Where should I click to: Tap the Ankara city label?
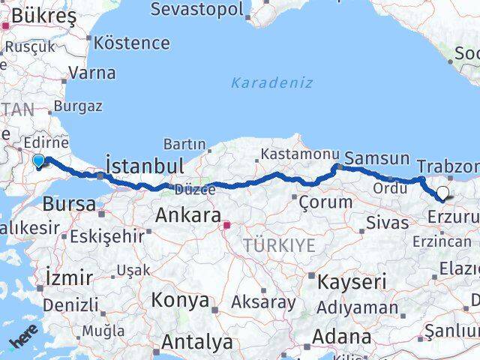[187, 215]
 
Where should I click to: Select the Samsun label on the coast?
[376, 158]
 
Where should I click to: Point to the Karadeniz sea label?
[271, 82]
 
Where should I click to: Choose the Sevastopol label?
[197, 10]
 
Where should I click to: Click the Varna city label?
[91, 73]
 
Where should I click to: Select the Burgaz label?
[77, 106]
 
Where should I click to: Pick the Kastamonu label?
[295, 154]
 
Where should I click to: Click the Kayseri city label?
[352, 283]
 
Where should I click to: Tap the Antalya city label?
[197, 343]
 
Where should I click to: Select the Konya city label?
[180, 301]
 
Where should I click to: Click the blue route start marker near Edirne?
[39, 159]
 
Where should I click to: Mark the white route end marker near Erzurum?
[442, 193]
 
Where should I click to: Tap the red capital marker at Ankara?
[226, 224]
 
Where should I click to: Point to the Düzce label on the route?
[195, 189]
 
